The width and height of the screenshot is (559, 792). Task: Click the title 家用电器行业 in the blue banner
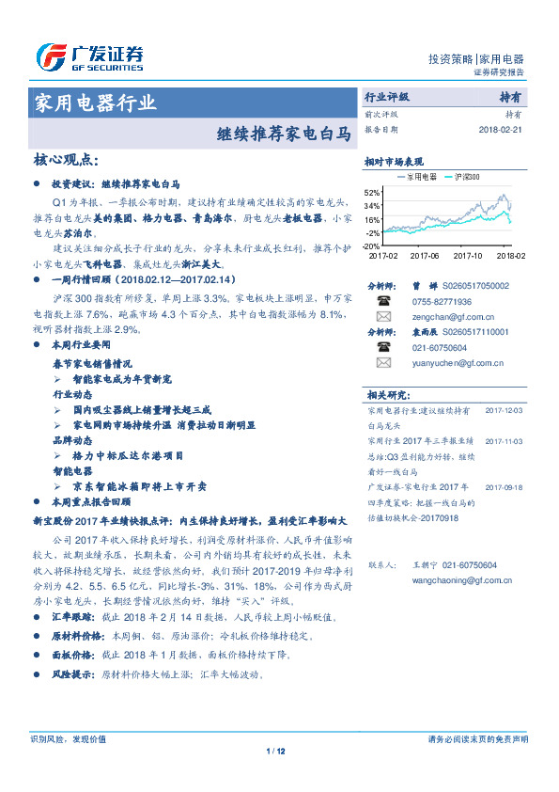pos(95,103)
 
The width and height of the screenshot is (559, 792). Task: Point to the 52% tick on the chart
pos(373,191)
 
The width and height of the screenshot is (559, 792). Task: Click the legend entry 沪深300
pos(466,177)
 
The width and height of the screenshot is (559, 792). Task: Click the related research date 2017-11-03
pos(504,439)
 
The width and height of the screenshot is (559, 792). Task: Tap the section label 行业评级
pos(387,97)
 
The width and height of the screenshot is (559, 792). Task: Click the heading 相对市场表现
pos(395,162)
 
